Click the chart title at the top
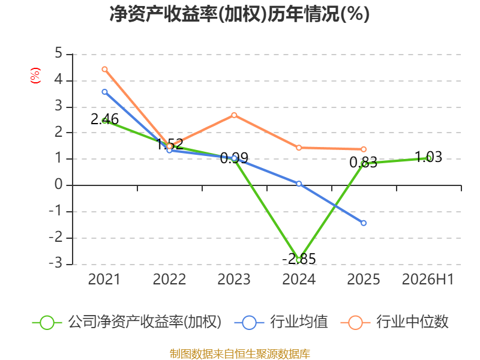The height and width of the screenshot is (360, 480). point(239,14)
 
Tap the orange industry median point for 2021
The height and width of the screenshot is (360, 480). point(104,69)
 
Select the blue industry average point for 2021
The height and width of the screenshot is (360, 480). point(104,92)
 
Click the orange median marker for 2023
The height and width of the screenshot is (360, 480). point(234,115)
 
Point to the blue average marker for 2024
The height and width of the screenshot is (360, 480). point(299,184)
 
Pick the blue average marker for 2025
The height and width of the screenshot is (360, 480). point(364,223)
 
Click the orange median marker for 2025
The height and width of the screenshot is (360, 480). point(364,149)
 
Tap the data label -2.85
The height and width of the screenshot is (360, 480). point(299,259)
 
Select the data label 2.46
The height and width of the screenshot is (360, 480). point(104,119)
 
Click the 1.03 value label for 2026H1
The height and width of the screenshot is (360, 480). point(428,157)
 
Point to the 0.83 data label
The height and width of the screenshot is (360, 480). point(364,163)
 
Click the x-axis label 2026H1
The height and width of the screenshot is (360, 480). point(428,279)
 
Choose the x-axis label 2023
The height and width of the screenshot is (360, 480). point(234,279)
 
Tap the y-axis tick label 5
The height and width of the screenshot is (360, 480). point(58,53)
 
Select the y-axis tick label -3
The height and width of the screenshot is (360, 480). point(55,263)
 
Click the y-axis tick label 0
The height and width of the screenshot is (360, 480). point(58,185)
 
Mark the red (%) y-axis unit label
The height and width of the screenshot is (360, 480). point(35,76)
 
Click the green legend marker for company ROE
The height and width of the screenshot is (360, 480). point(47,323)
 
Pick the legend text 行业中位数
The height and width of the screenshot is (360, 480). point(412,322)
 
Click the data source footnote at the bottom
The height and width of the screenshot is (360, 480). point(239,354)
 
